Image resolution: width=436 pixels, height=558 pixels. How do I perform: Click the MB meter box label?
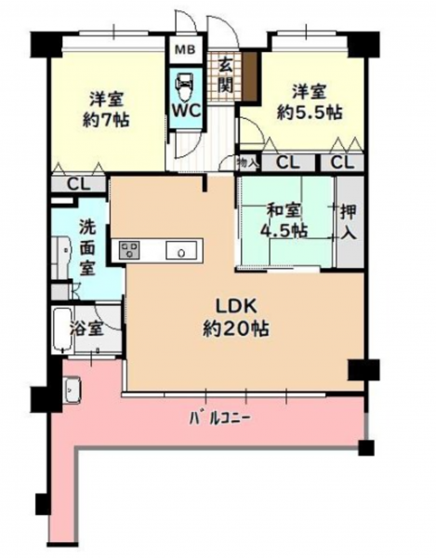[186, 50]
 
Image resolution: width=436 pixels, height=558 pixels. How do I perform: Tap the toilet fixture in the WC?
[185, 86]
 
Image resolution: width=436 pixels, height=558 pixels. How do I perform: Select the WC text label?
[187, 111]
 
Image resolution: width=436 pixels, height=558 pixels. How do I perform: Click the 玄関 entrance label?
[225, 75]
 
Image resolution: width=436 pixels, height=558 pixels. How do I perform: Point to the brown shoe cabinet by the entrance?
[250, 75]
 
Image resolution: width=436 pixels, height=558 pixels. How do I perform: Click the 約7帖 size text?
[106, 121]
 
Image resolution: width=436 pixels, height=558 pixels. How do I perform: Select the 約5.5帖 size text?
[310, 113]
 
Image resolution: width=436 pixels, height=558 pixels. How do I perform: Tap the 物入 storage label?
[246, 164]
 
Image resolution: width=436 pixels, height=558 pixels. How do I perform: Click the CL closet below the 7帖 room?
[79, 184]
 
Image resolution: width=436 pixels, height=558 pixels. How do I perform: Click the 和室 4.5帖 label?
[284, 221]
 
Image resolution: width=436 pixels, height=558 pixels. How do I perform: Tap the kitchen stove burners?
[129, 250]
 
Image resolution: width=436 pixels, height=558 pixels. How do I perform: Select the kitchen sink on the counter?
[181, 250]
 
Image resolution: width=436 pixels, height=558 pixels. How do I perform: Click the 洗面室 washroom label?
[87, 247]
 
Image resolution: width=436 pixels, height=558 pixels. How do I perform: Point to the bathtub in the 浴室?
[63, 330]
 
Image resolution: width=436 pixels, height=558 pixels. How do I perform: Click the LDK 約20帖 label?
[236, 318]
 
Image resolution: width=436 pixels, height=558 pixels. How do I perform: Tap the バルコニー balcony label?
[219, 418]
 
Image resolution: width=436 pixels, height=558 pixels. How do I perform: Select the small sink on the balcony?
[73, 391]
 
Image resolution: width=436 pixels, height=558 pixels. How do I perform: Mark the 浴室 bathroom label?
[86, 329]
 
